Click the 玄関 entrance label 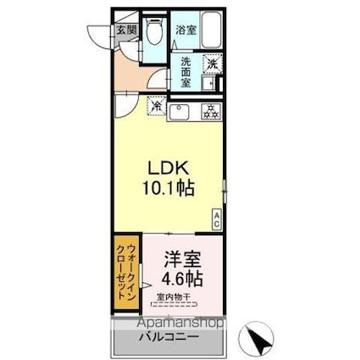tap(126, 30)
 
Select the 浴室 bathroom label tap(185, 30)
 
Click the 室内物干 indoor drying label tap(175, 296)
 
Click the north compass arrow tap(260, 340)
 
